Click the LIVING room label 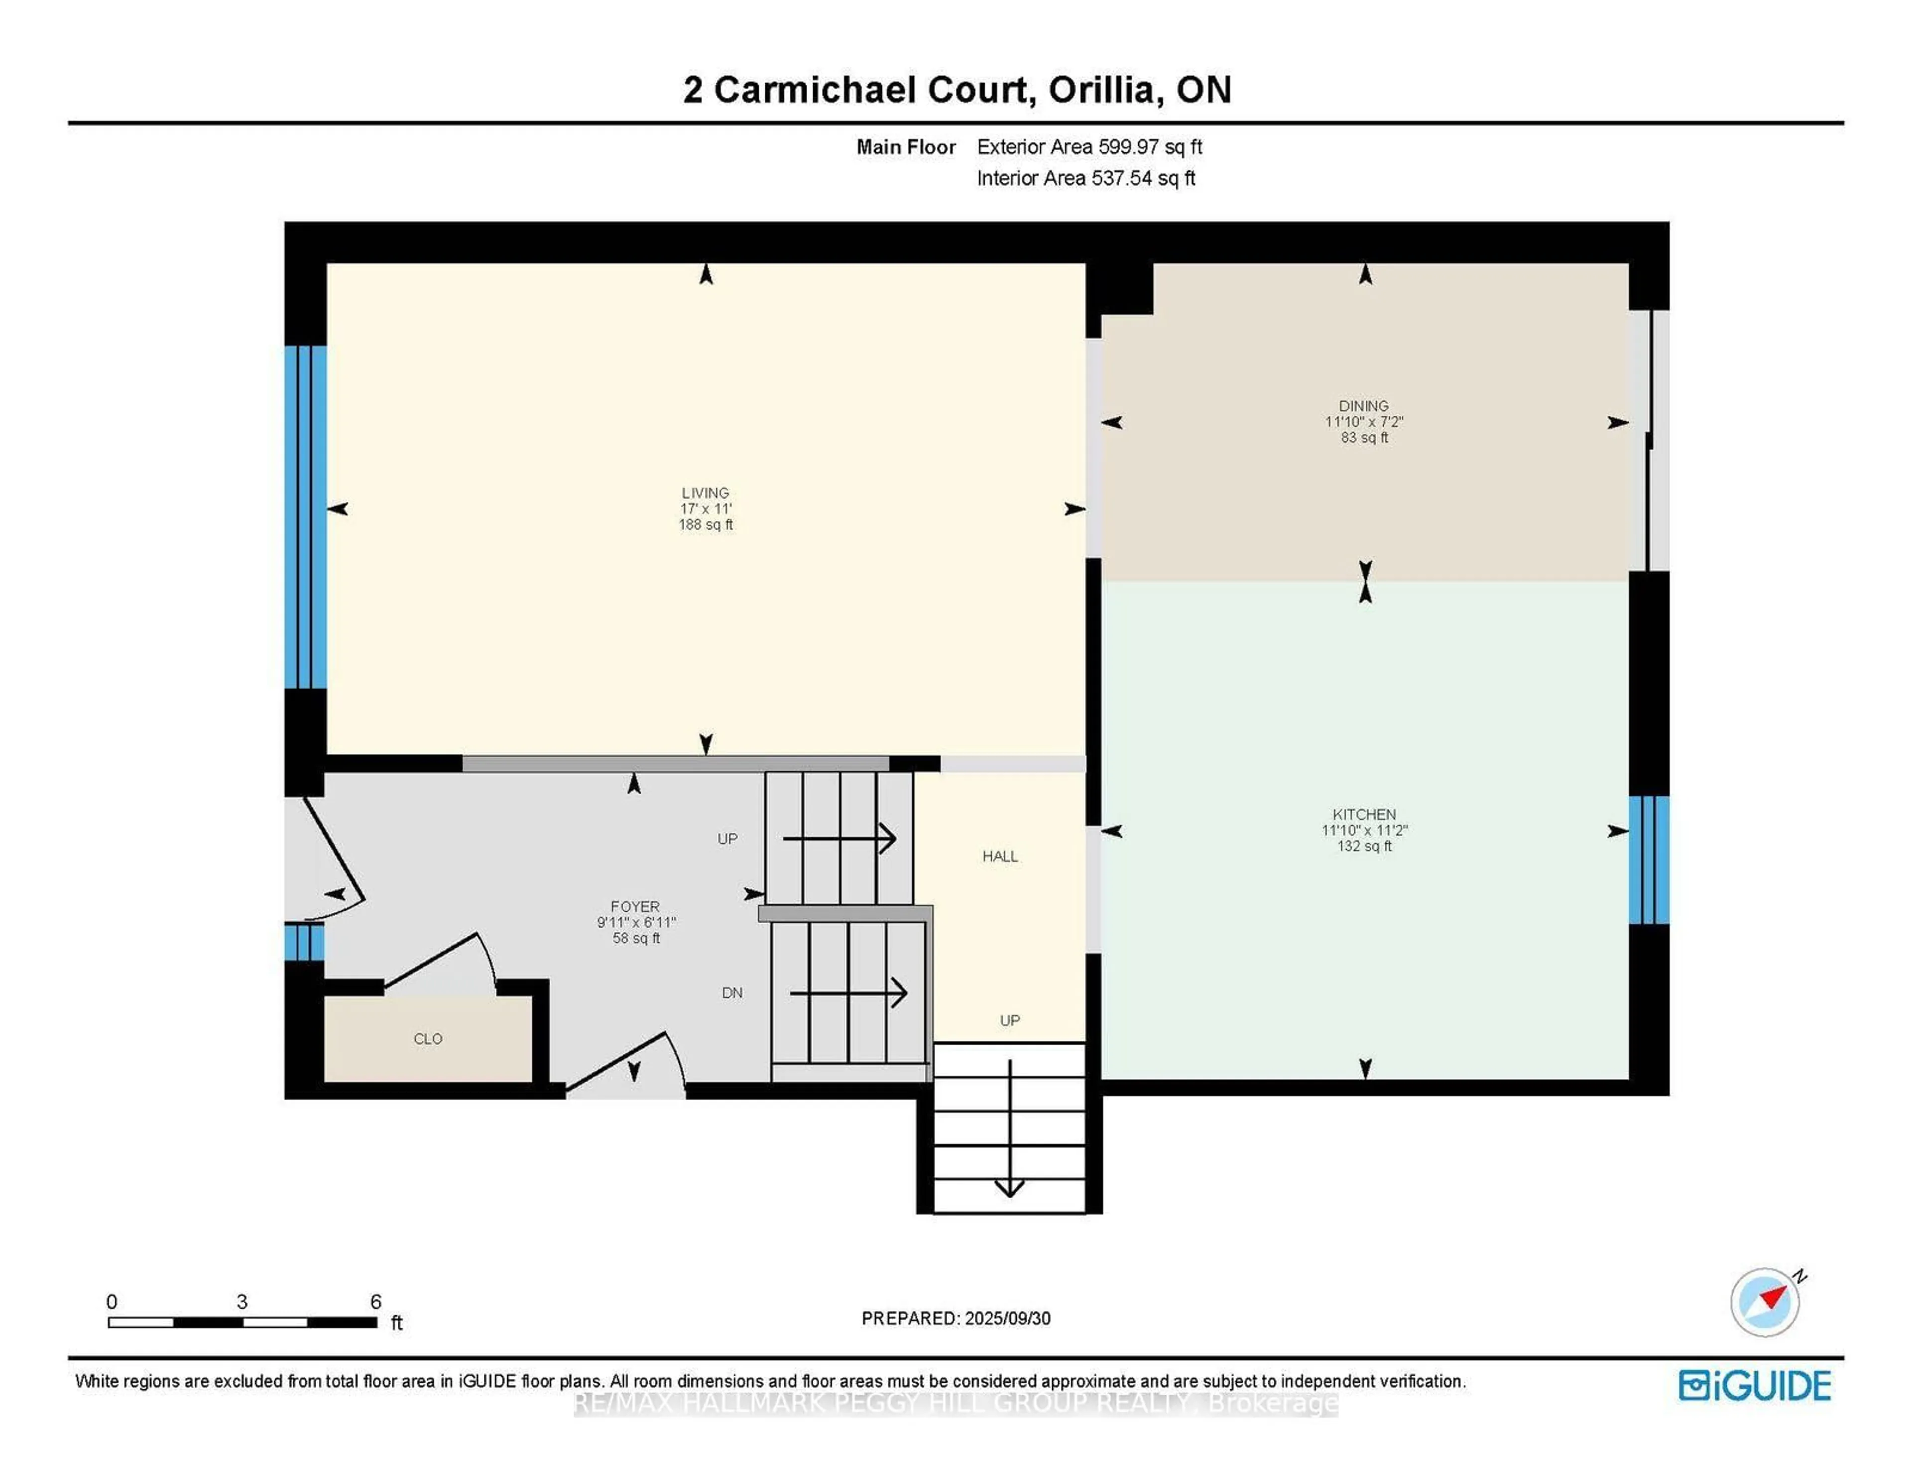click(x=705, y=493)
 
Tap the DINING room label click(x=1363, y=406)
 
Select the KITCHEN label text click(x=1364, y=814)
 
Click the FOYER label click(x=635, y=906)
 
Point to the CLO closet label click(x=428, y=1038)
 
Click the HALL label click(x=1000, y=856)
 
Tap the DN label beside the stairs click(x=732, y=993)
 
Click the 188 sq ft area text click(x=706, y=524)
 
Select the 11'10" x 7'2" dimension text click(x=1364, y=422)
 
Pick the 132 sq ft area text click(x=1364, y=846)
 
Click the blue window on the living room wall click(x=306, y=516)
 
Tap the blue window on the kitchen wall click(x=1649, y=860)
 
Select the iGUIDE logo click(x=1755, y=1385)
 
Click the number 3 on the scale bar click(x=241, y=1302)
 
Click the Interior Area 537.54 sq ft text click(x=1085, y=179)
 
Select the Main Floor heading click(x=905, y=147)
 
